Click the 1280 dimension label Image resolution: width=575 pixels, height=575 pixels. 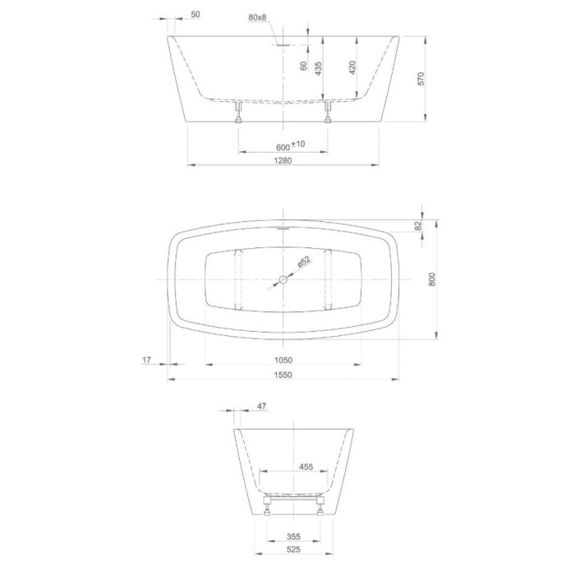[x=283, y=160]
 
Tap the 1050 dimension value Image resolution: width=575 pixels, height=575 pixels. [x=283, y=359]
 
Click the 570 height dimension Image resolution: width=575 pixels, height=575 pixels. [x=420, y=80]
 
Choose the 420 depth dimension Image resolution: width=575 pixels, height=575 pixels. [x=353, y=67]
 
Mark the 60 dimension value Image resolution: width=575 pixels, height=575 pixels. [x=302, y=66]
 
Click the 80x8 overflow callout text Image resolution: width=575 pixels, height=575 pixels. [x=257, y=18]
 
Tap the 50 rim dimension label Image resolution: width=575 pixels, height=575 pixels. [x=195, y=14]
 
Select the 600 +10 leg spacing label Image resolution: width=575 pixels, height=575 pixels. [x=290, y=145]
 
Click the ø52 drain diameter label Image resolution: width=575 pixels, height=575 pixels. [x=303, y=262]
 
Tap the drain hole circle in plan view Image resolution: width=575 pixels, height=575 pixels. [x=283, y=279]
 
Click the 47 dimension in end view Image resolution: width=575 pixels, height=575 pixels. [x=262, y=405]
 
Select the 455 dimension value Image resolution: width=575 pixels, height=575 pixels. [x=306, y=467]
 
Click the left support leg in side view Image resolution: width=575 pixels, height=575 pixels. [x=238, y=112]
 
